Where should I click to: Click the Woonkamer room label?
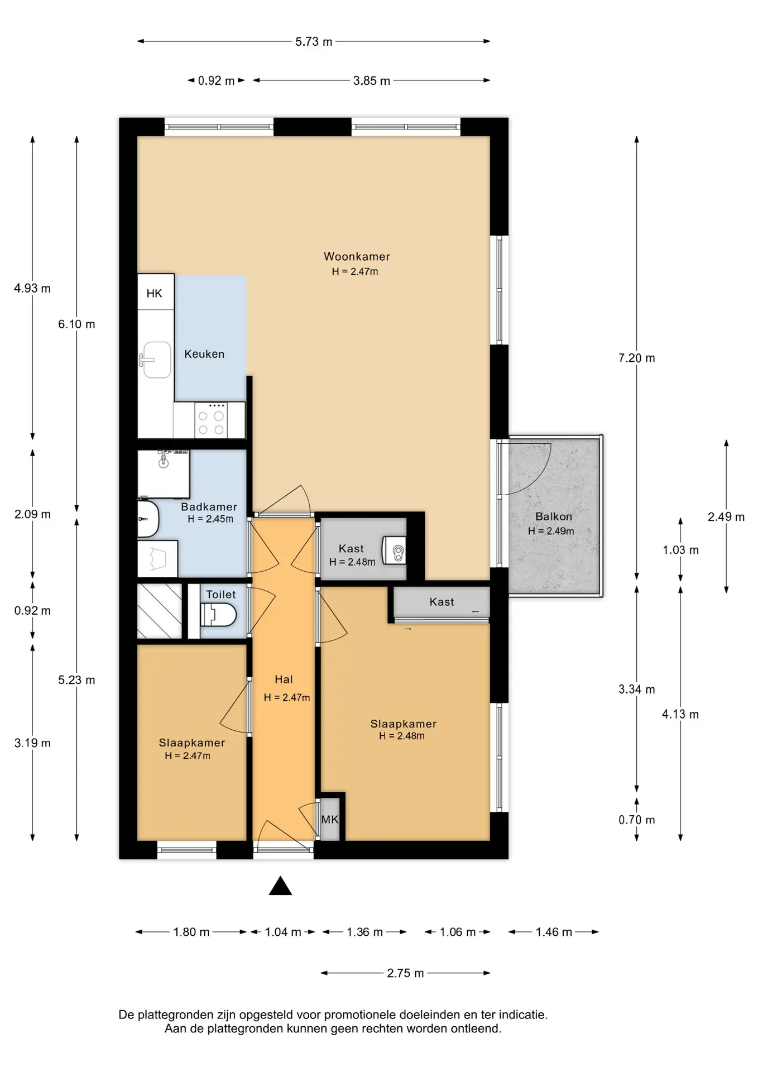[357, 257]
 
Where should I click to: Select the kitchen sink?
[157, 360]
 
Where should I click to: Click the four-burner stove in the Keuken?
[212, 420]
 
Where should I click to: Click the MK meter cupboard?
[329, 819]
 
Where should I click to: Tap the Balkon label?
[554, 516]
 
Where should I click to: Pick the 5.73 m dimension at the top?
[314, 41]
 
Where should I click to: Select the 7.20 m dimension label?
[636, 358]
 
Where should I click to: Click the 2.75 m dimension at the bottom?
[405, 973]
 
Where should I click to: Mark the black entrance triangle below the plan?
[280, 886]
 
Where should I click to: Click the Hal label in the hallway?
[284, 679]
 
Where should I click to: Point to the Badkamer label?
[209, 507]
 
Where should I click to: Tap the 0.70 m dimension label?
[636, 820]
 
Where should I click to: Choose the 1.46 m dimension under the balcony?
[554, 932]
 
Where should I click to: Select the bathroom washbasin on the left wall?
[148, 519]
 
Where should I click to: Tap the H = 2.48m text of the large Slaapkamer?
[402, 736]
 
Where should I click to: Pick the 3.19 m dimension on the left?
[32, 743]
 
